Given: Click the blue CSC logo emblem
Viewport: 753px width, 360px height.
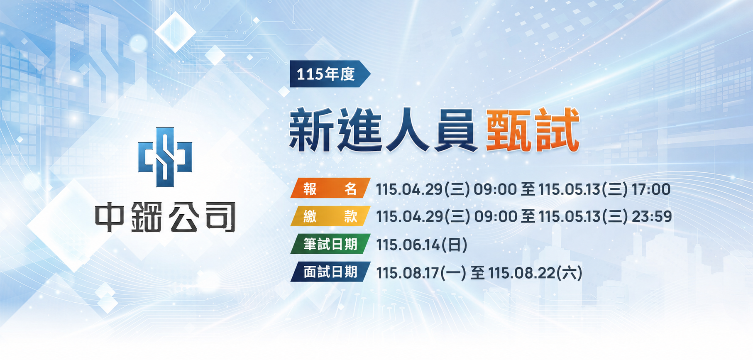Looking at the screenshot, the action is click(165, 157).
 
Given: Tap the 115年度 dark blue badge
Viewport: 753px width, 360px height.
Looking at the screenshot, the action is click(330, 74).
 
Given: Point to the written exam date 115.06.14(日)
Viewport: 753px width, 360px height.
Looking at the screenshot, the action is click(422, 245).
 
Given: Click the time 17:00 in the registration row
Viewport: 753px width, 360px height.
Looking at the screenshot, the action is click(651, 189).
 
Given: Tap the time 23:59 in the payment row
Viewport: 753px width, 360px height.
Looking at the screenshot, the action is click(652, 216).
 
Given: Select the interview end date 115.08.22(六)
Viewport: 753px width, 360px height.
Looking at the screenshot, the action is click(535, 273).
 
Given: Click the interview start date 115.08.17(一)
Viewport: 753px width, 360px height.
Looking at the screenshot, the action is click(421, 273).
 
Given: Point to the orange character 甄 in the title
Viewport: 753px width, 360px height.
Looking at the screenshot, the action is click(509, 130).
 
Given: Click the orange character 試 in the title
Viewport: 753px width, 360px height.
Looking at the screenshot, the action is click(557, 130).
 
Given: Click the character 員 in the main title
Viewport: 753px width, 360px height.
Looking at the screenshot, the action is click(456, 130).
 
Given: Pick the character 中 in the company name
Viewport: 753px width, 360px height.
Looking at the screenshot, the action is click(110, 217).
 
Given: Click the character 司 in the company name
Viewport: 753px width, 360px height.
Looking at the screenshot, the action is click(220, 217).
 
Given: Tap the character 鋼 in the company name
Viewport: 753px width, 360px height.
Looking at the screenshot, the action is click(146, 217).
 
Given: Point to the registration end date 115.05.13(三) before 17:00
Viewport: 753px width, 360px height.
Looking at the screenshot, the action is click(583, 189).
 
